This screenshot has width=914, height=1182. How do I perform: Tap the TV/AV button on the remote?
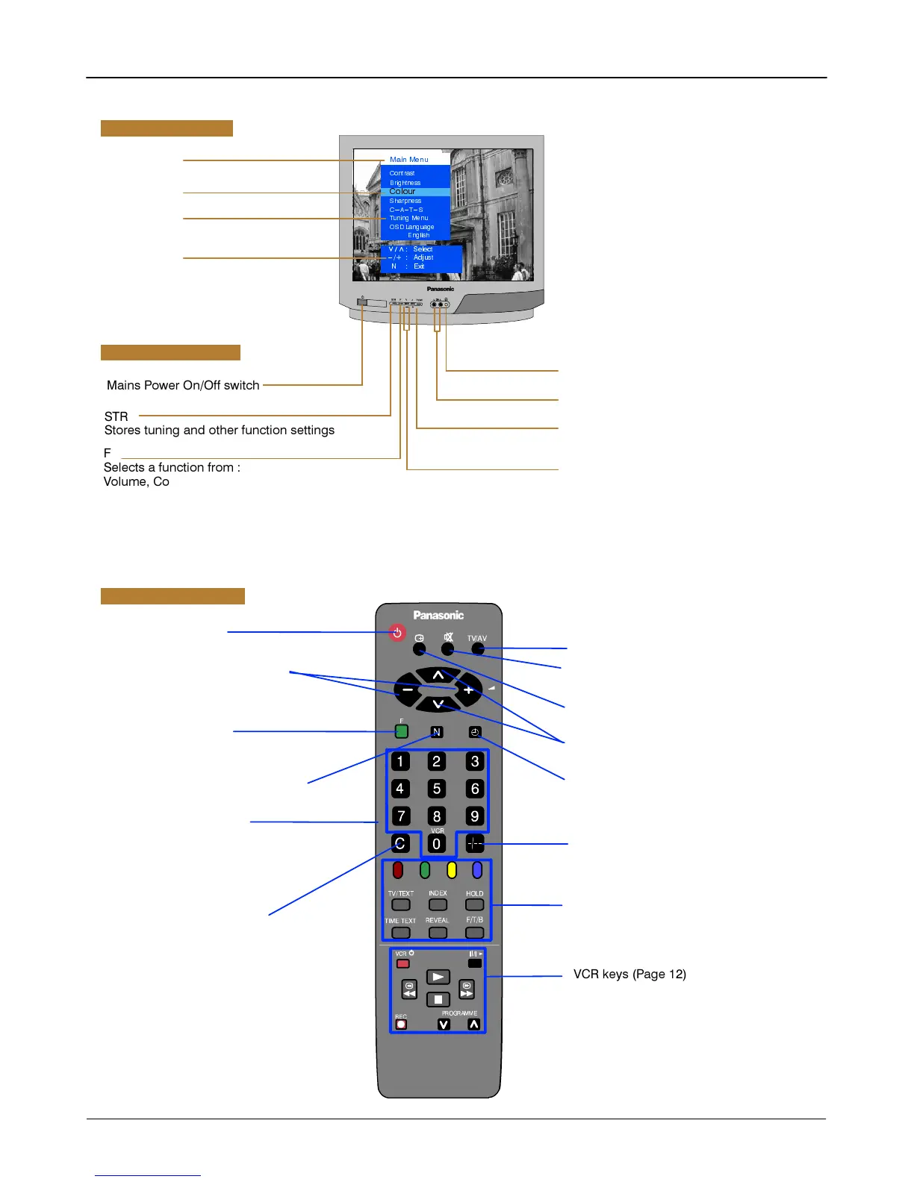[x=478, y=648]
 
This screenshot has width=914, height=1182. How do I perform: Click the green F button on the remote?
[x=402, y=731]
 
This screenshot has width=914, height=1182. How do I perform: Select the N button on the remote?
[x=437, y=732]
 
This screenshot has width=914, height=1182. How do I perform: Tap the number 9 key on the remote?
[x=474, y=816]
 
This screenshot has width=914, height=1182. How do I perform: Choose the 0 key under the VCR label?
[x=437, y=844]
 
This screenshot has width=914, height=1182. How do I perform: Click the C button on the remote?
[x=400, y=843]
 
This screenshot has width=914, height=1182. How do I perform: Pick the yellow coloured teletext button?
[x=452, y=870]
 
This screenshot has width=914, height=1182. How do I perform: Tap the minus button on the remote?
[x=408, y=690]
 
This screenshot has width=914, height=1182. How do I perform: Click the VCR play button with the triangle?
[x=438, y=977]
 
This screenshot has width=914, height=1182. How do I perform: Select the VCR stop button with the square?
[x=438, y=999]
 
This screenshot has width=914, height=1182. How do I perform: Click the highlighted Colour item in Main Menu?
[x=403, y=192]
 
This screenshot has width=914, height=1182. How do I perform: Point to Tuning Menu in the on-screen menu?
[x=408, y=219]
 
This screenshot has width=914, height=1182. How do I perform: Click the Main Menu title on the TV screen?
[x=409, y=160]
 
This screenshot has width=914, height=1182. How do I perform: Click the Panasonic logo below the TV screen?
[x=441, y=289]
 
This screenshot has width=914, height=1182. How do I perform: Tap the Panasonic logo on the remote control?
[x=438, y=616]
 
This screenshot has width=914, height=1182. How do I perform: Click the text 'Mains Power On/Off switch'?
[x=183, y=386]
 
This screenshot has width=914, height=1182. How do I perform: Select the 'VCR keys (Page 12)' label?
[x=629, y=975]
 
